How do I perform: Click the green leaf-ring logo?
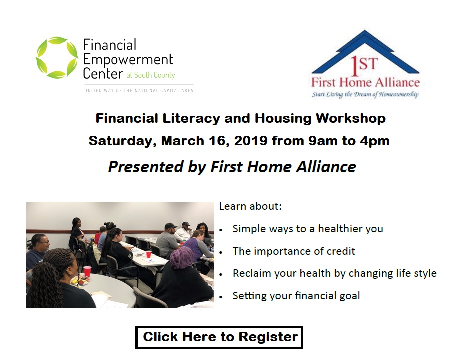pos(57,58)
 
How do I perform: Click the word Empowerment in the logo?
pos(128,59)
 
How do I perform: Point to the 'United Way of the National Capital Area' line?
pos(138,90)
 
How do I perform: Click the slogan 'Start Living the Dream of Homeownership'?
pos(365,94)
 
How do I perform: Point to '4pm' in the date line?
pos(374,141)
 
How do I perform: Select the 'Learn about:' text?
pos(250,206)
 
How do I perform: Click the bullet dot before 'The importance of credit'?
pos(221,252)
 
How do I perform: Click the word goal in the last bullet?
pos(349,296)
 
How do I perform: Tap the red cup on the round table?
pos(87,271)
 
